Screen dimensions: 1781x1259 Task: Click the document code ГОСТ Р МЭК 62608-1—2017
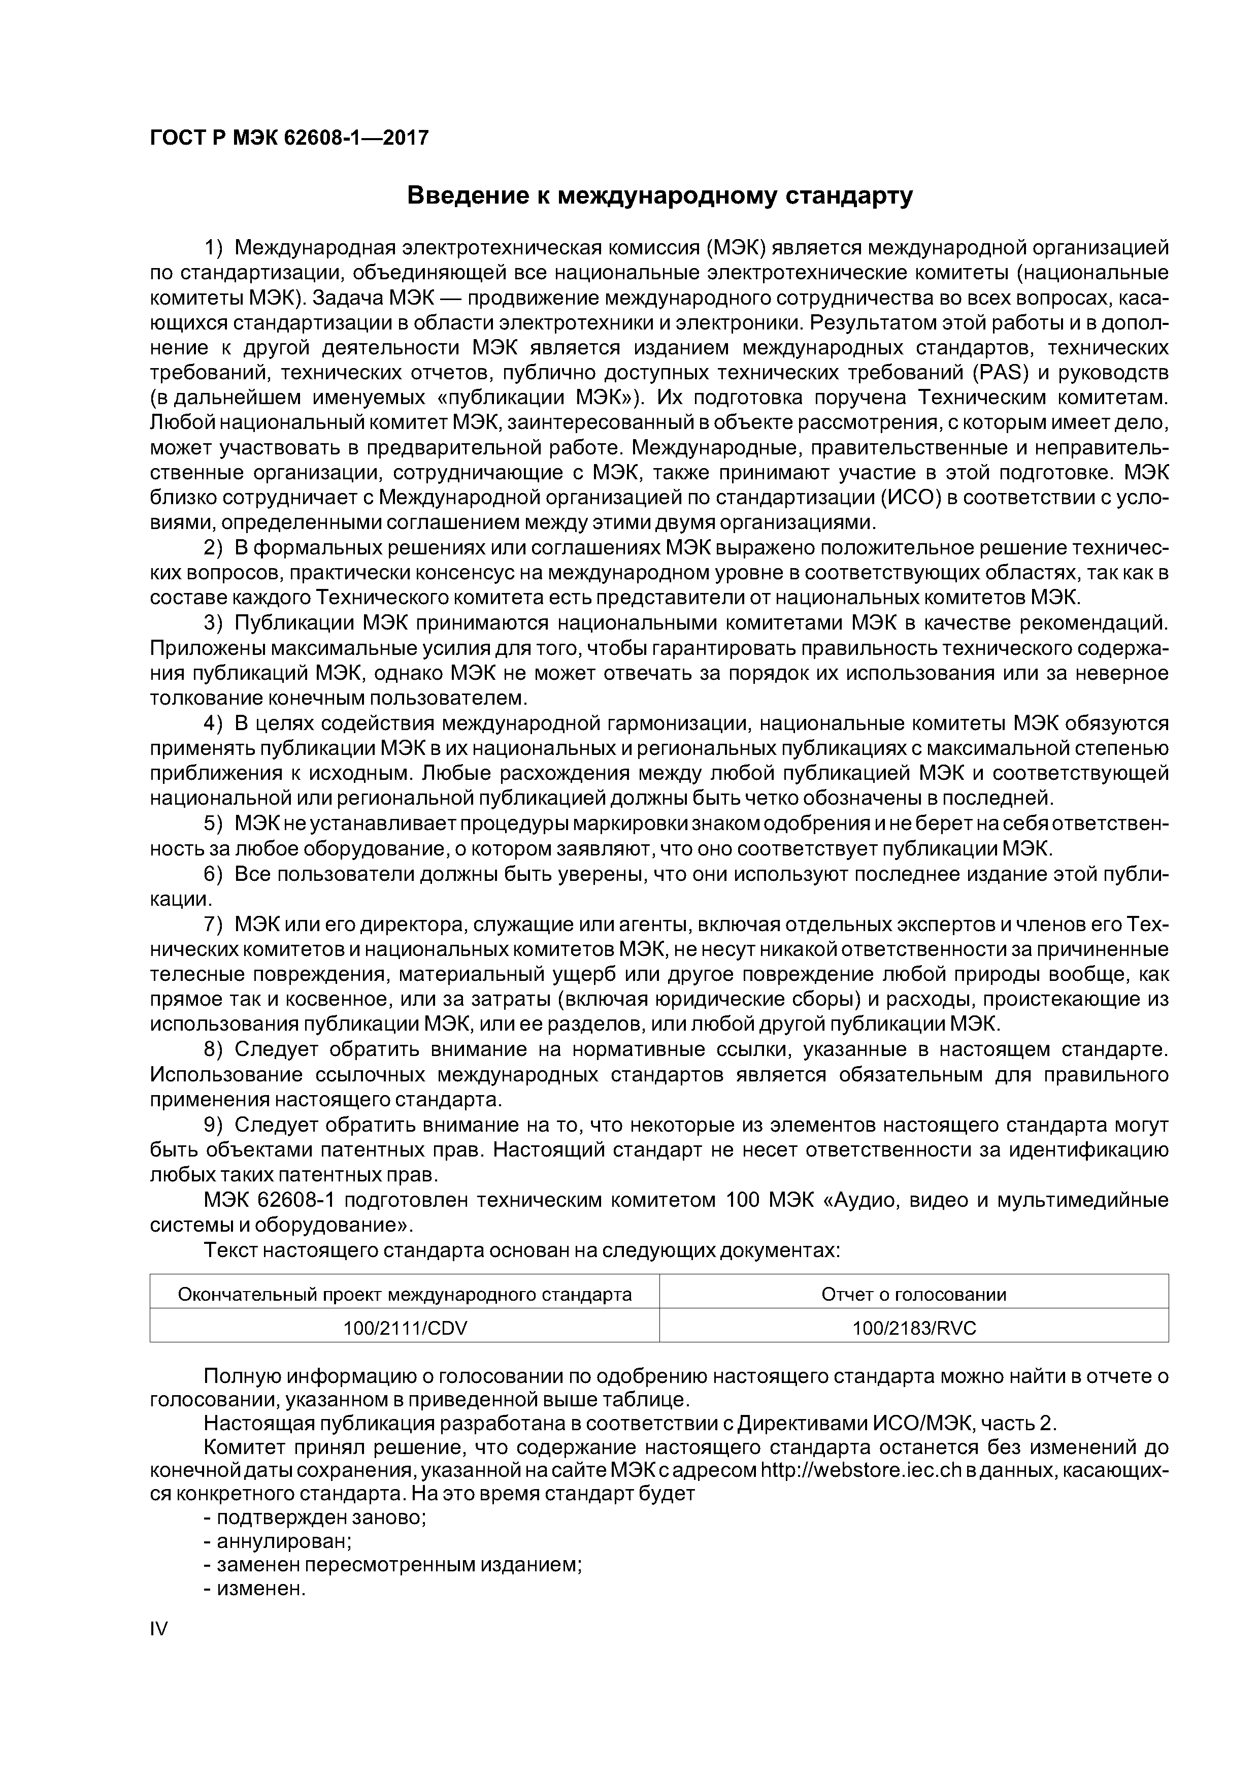(x=288, y=138)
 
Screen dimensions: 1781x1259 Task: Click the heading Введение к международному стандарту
(x=659, y=196)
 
